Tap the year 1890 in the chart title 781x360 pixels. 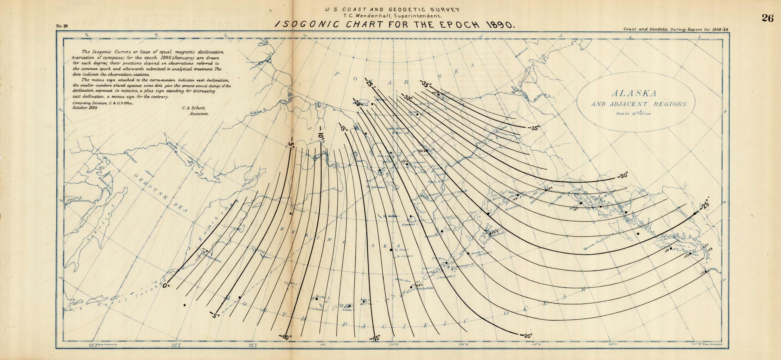click(x=499, y=25)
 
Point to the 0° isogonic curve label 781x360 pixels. click(x=166, y=286)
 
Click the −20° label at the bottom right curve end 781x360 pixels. click(x=527, y=336)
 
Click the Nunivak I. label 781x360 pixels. click(x=410, y=225)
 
